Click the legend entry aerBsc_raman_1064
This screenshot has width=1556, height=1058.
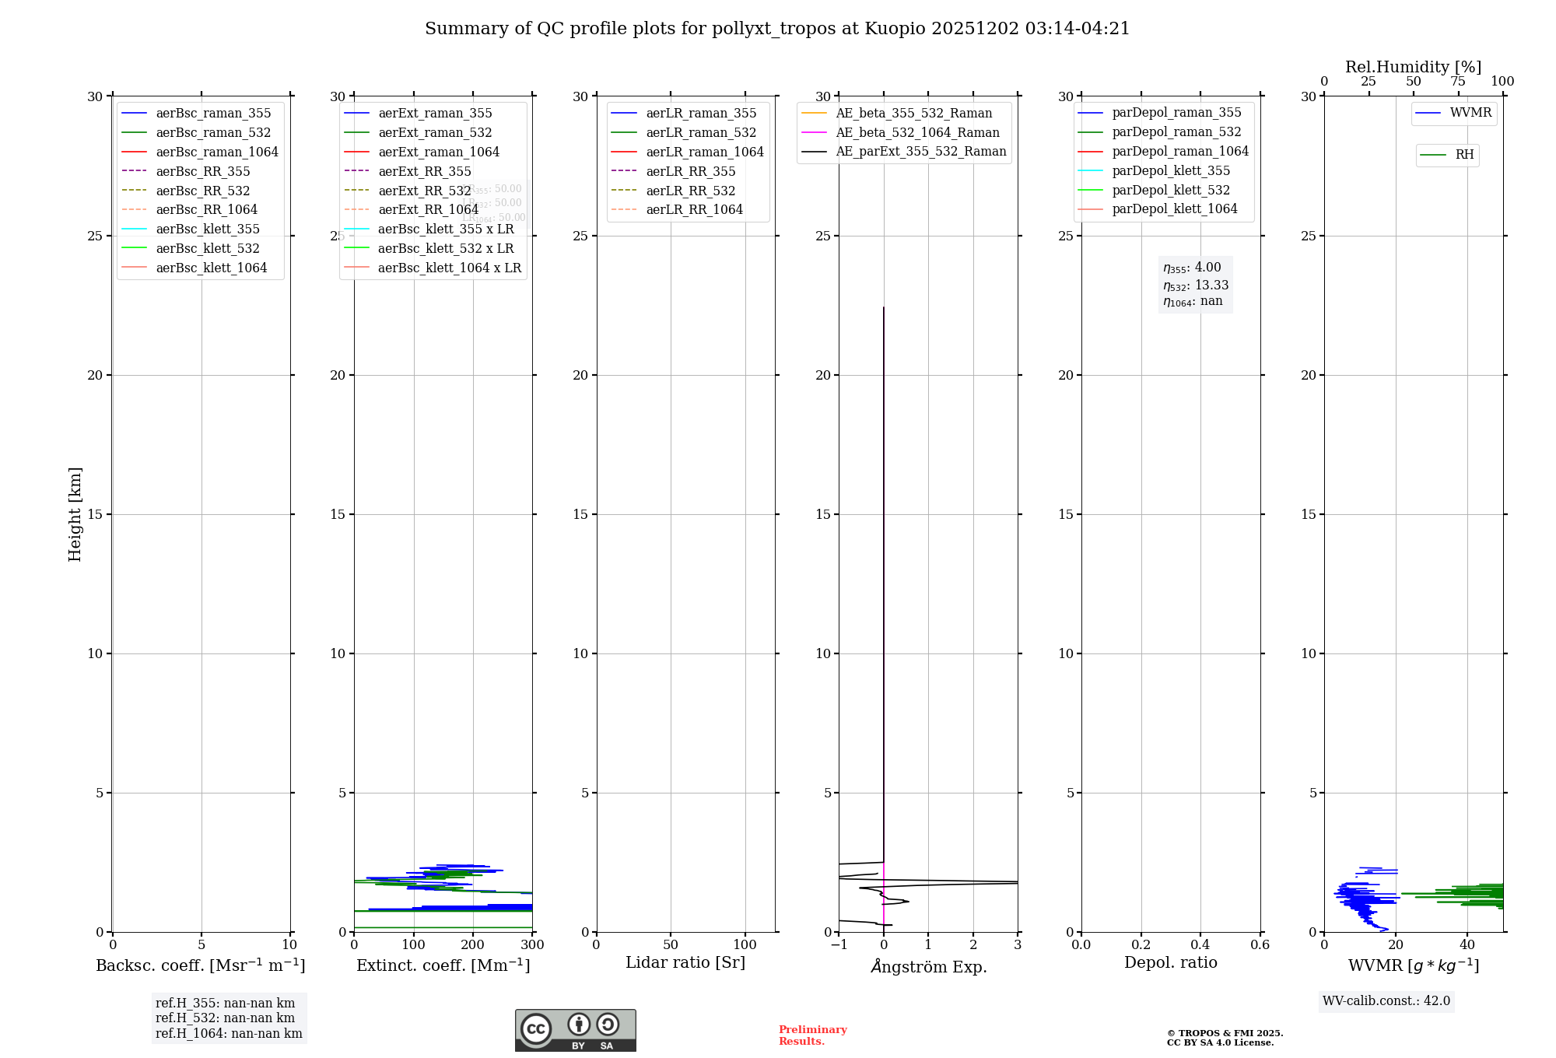216,152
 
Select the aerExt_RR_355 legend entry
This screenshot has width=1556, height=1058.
424,171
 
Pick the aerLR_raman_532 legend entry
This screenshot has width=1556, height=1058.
700,132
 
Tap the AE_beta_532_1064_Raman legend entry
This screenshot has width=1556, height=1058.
917,132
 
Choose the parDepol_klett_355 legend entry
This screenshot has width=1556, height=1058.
1170,170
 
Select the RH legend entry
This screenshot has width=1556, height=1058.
1464,155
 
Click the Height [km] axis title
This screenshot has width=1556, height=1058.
75,513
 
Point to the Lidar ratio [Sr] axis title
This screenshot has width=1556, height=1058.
685,962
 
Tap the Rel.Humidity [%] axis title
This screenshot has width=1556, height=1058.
1413,67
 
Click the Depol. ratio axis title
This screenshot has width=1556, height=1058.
1170,962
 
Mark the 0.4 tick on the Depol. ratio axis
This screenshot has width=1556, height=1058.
1200,944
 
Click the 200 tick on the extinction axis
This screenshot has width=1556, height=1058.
473,944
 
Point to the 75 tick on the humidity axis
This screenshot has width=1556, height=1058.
1458,82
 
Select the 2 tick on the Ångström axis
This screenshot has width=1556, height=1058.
973,944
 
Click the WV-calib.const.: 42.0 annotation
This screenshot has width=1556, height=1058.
1386,1000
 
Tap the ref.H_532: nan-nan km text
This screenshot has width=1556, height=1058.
225,1018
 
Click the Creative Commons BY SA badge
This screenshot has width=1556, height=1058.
575,1030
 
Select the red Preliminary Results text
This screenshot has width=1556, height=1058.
812,1035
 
